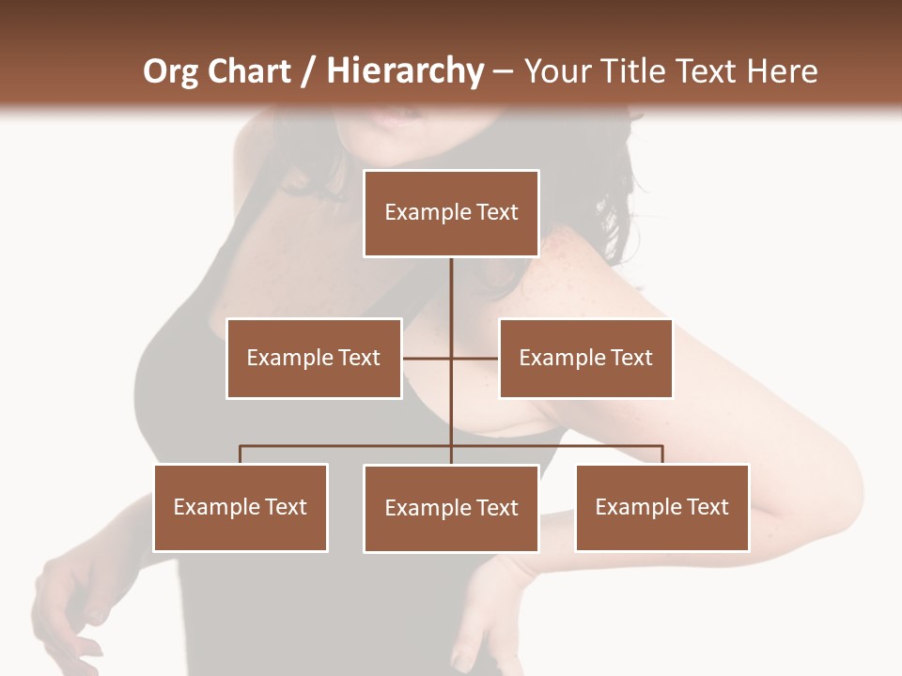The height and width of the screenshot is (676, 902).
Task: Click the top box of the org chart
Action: tap(451, 213)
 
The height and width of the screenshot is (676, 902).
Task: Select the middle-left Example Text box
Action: tap(314, 358)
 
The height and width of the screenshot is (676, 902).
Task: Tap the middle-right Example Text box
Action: tap(585, 358)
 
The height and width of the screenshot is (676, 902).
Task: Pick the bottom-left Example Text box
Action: tap(241, 507)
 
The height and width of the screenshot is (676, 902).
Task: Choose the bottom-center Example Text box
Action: tap(451, 508)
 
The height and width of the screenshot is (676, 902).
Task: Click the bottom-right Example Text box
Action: tap(662, 507)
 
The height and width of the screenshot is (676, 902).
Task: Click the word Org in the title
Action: tap(168, 71)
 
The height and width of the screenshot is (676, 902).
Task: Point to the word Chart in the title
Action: tap(246, 71)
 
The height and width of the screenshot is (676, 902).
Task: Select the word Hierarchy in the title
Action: tap(404, 71)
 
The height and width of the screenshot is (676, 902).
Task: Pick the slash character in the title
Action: tap(308, 71)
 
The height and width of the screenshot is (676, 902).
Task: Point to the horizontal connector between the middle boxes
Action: tap(428, 358)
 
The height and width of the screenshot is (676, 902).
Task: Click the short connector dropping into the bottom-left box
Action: tap(241, 454)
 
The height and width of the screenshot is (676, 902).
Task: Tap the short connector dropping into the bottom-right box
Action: tap(662, 454)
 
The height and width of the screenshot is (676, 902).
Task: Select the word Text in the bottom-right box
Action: tap(707, 507)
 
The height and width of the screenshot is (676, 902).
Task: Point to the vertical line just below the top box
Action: tap(451, 282)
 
